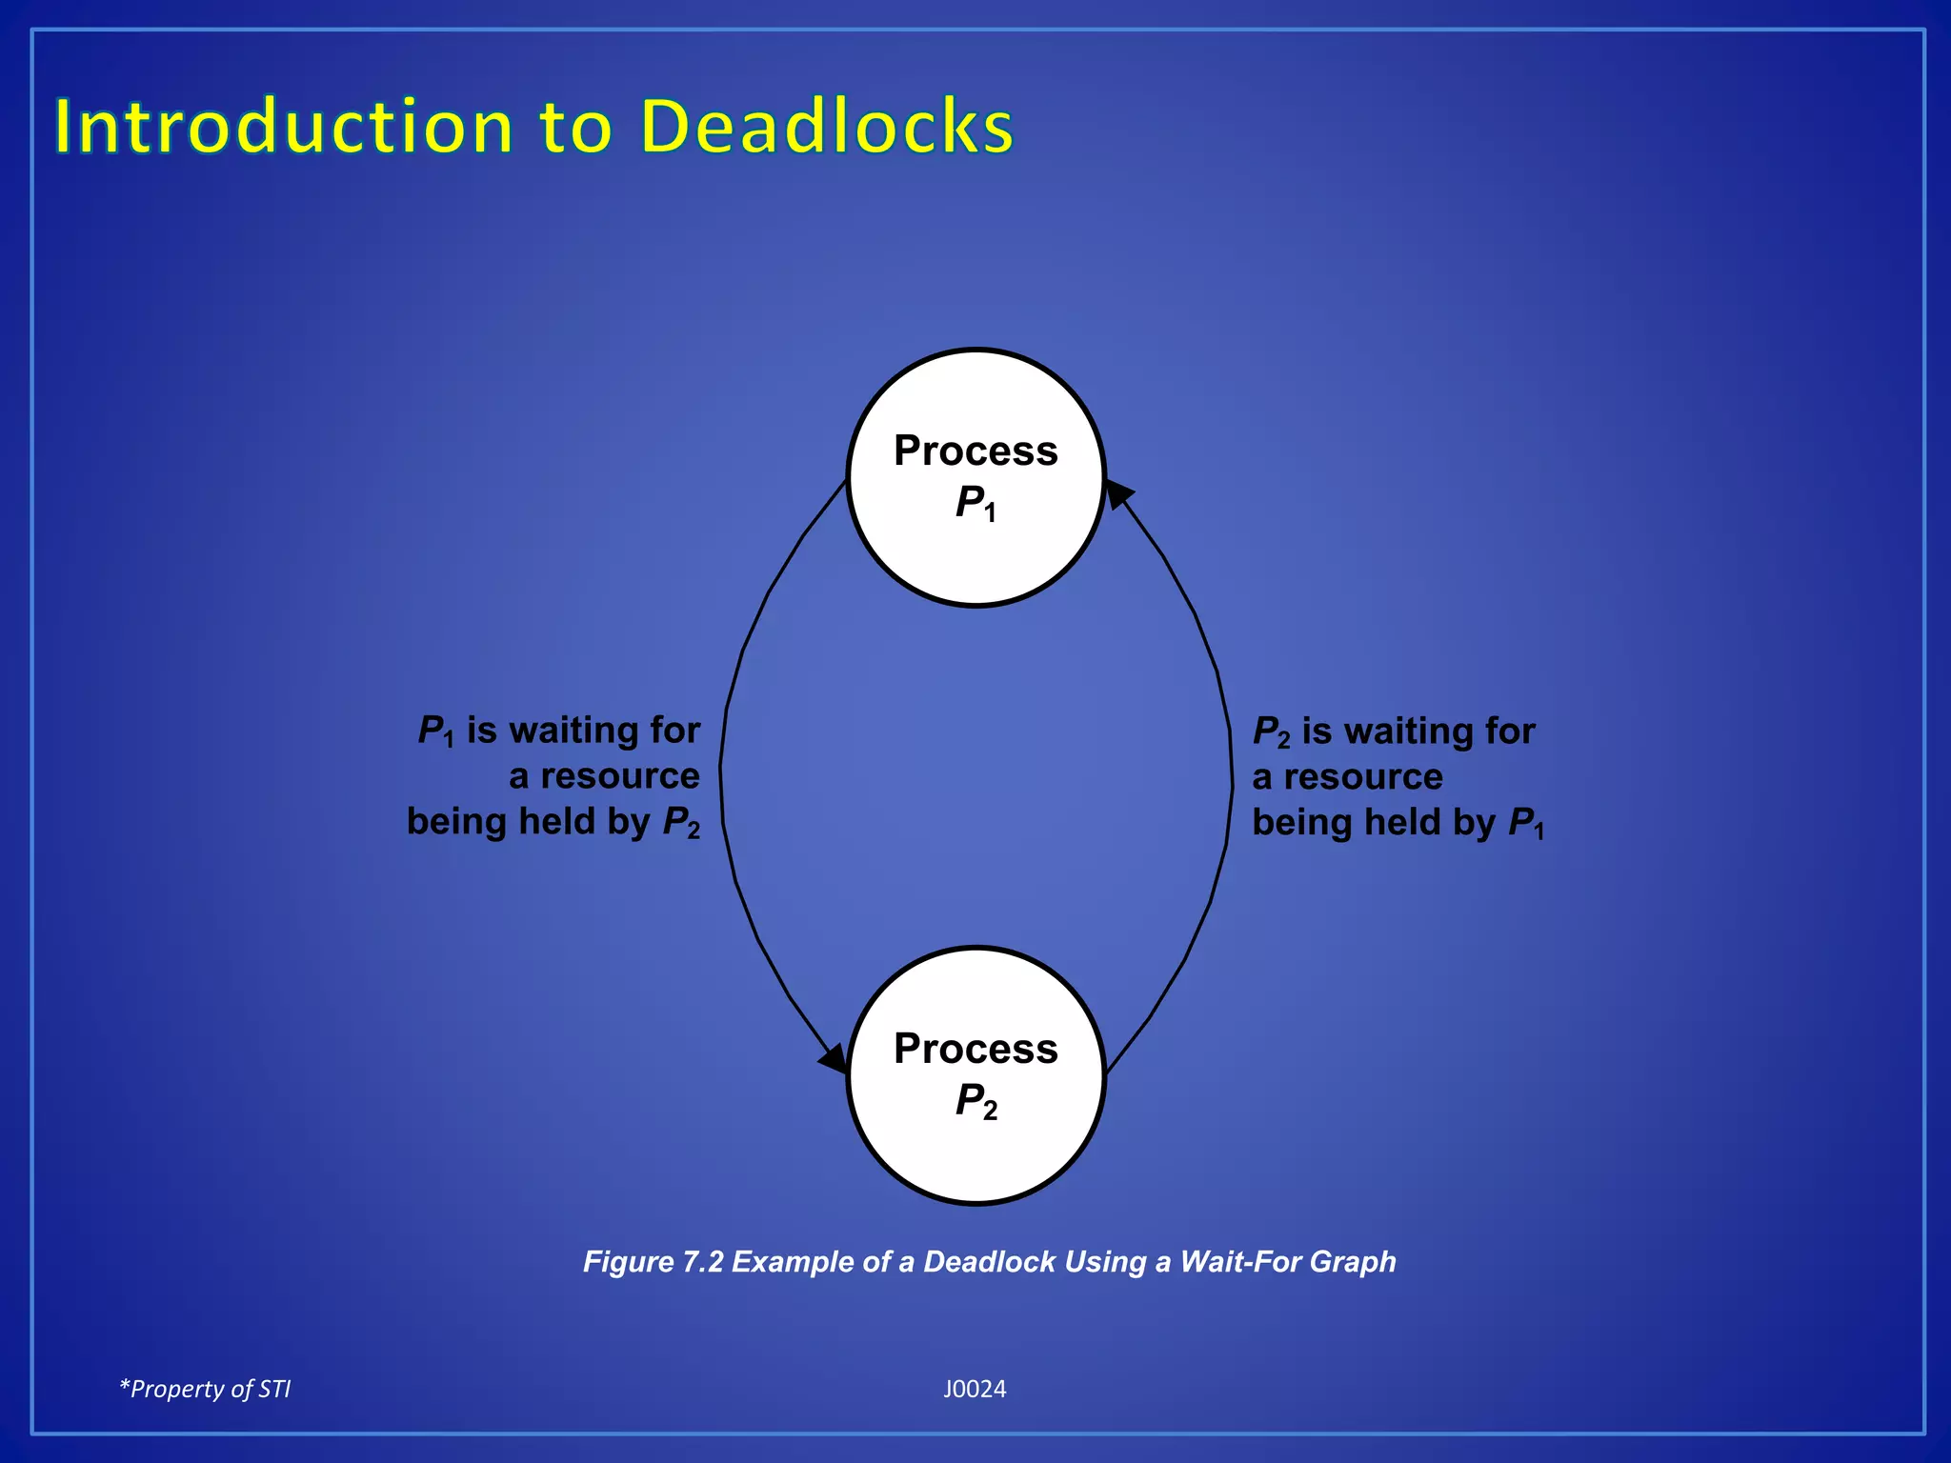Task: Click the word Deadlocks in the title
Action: tap(826, 127)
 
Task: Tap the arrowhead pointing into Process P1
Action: tap(1117, 494)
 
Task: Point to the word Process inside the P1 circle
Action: tap(975, 451)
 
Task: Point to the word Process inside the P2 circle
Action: tap(975, 1049)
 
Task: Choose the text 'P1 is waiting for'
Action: tap(559, 731)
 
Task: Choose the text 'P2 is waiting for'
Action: tap(1394, 731)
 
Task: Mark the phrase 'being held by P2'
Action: tap(553, 822)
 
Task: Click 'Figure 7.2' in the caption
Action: tap(653, 1262)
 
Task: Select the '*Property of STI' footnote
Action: tap(205, 1389)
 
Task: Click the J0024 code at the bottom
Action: tap(975, 1389)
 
